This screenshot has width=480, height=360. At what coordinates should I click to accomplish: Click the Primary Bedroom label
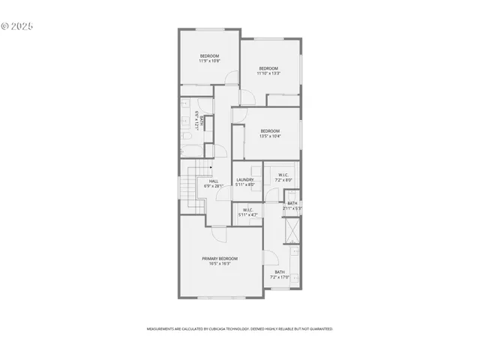click(220, 259)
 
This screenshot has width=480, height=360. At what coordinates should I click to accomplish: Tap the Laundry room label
click(245, 180)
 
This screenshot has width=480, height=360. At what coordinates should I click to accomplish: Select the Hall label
click(214, 181)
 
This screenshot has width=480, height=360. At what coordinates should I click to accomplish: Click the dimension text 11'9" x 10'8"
click(209, 61)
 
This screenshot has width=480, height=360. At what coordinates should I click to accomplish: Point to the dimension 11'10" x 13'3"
click(268, 73)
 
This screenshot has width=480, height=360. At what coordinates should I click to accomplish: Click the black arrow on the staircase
click(211, 168)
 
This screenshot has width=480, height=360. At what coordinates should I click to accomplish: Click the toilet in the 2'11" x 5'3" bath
click(291, 196)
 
